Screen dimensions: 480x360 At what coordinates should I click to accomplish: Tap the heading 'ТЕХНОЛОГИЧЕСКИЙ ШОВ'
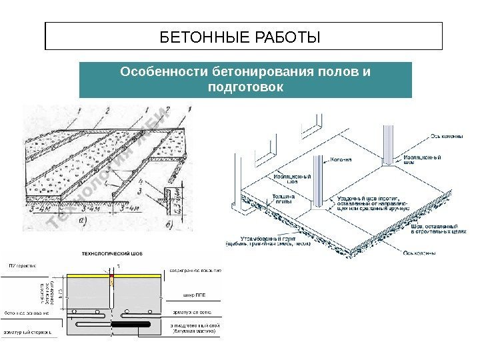pos(116,253)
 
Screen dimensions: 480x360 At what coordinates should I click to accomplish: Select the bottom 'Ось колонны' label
pos(421,253)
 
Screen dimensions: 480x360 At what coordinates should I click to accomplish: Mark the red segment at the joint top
pos(112,275)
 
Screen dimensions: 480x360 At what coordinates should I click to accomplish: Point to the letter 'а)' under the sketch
pos(82,219)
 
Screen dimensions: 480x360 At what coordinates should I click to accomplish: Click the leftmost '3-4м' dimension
pos(40,208)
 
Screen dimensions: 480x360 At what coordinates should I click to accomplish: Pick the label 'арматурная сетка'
pos(199,313)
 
